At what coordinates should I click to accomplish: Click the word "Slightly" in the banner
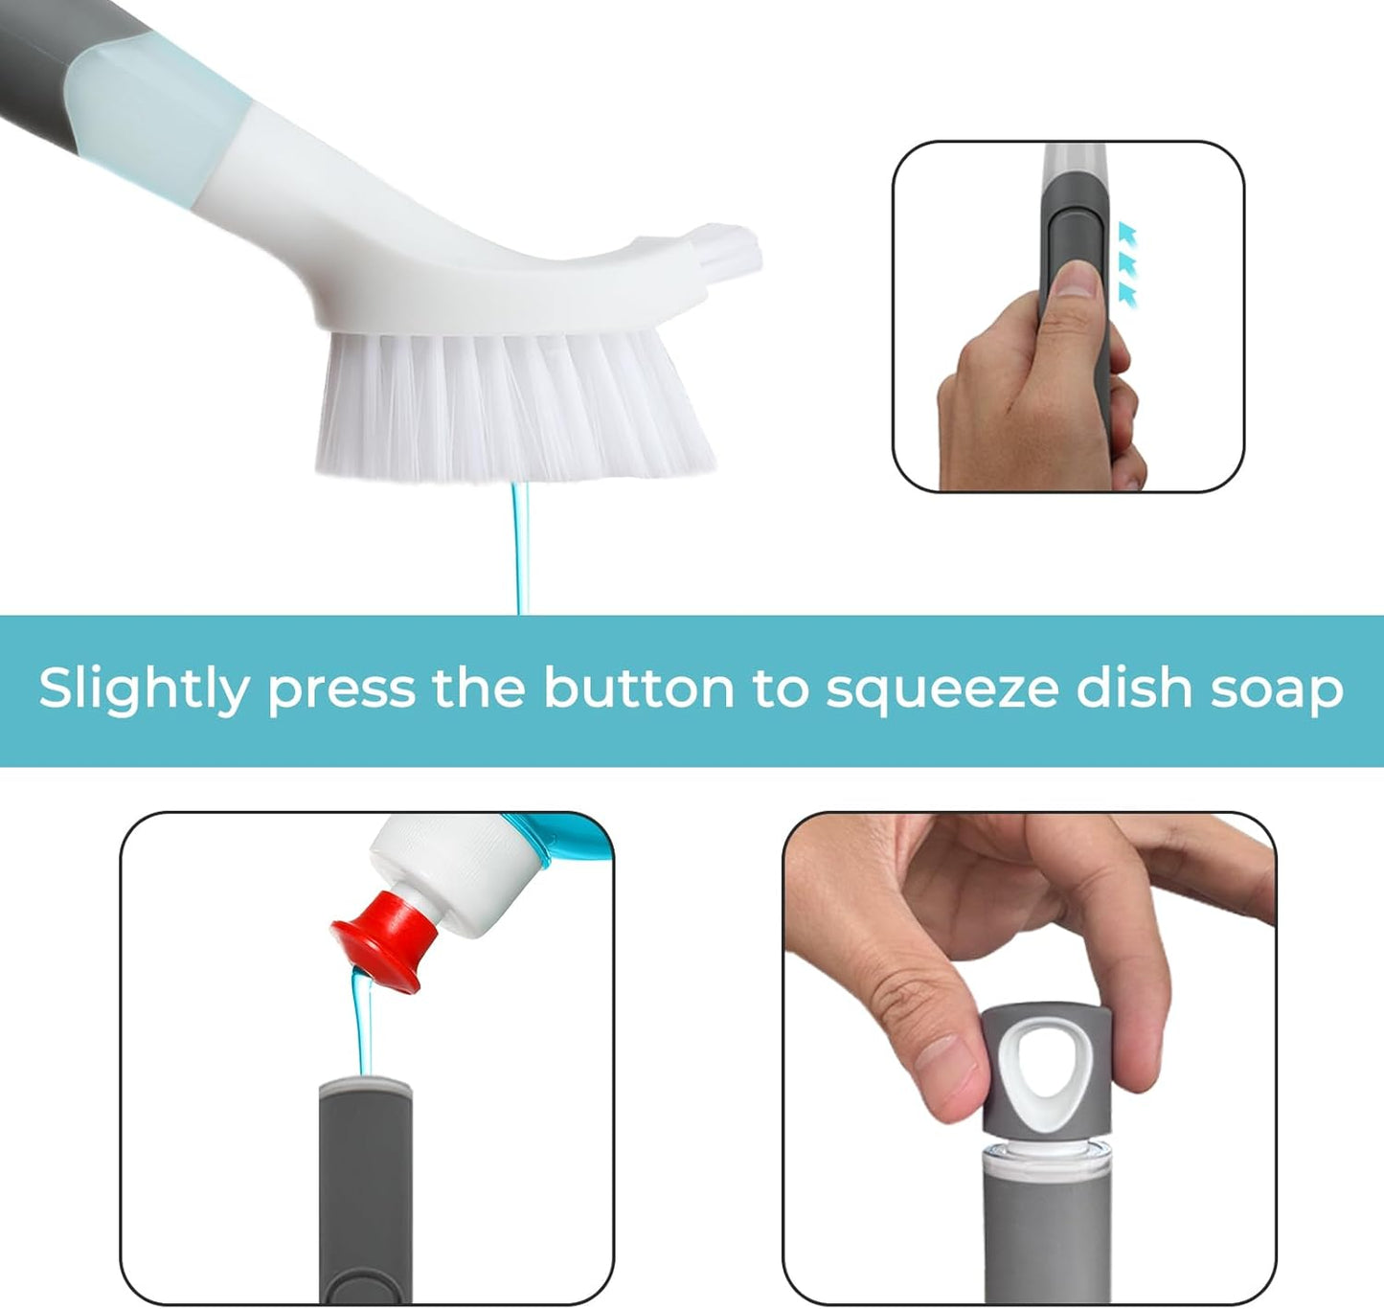coord(143,689)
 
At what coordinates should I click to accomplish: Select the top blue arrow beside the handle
coord(1128,233)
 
